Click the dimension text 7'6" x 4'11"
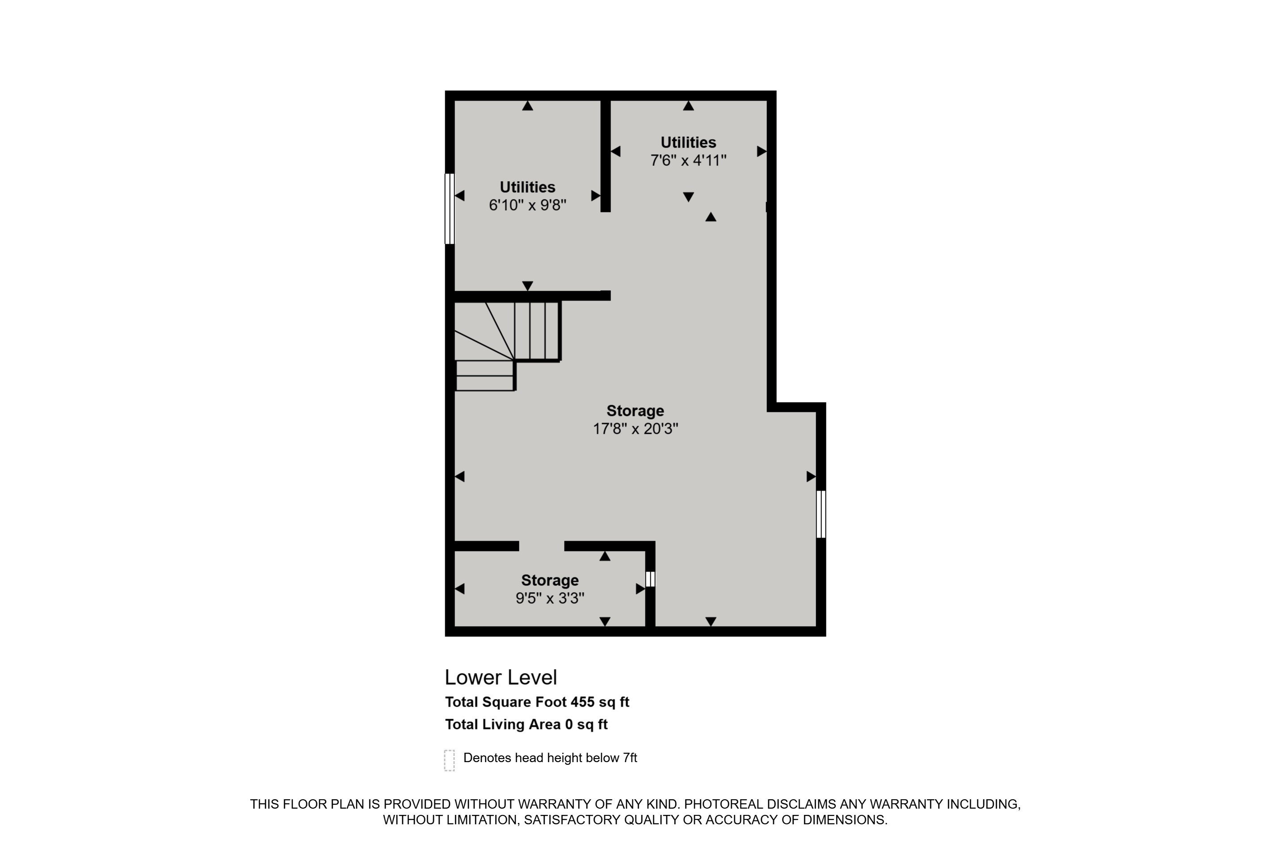[688, 161]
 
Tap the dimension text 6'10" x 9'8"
[527, 205]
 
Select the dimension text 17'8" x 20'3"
[635, 429]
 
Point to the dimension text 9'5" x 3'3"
[550, 598]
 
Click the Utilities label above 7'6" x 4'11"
[688, 142]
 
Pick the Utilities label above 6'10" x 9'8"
[527, 187]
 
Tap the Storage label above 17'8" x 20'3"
[635, 411]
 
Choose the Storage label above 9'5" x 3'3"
[550, 580]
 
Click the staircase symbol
[507, 345]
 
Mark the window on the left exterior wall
[450, 209]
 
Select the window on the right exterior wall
[821, 514]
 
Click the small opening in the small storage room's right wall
[650, 579]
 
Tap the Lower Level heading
[501, 677]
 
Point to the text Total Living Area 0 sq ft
[526, 725]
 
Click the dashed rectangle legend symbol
[449, 760]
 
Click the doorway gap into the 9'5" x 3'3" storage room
[542, 546]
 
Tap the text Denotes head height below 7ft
[550, 758]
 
